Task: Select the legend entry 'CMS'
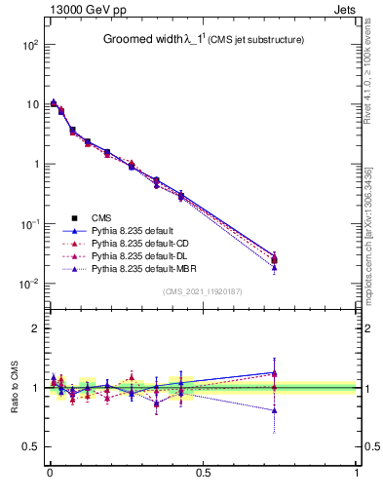[x=101, y=217]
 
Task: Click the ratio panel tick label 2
[x=34, y=328]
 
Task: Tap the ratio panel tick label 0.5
[x=29, y=446]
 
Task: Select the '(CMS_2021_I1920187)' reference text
[x=202, y=291]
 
